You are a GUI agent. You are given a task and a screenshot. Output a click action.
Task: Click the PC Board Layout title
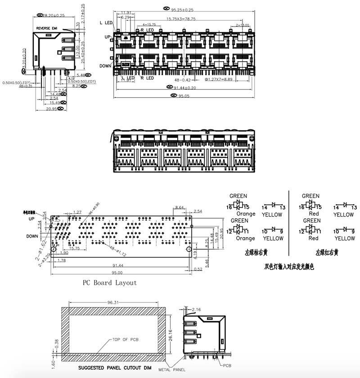pyautogui.click(x=109, y=283)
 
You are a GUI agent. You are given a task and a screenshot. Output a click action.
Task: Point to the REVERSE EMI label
pyautogui.click(x=47, y=28)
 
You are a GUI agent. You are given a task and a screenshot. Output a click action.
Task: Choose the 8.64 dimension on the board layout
pyautogui.click(x=179, y=207)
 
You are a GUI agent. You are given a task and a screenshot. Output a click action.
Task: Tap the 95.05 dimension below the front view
pyautogui.click(x=183, y=96)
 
